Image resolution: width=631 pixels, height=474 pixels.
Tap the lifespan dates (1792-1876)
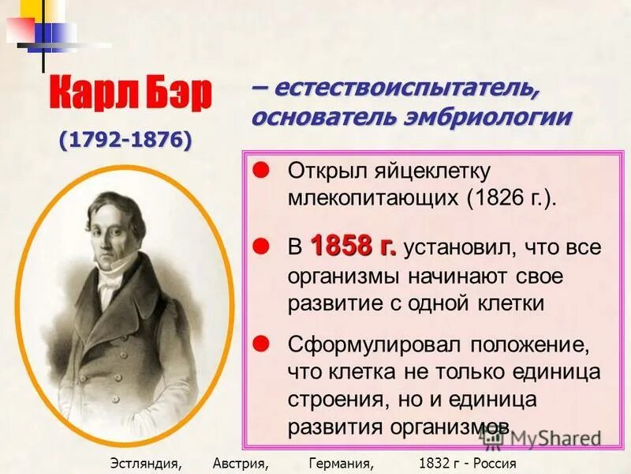pos(125,140)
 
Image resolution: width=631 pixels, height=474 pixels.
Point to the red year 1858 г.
pos(353,246)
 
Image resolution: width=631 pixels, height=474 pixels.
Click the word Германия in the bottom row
pos(340,463)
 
